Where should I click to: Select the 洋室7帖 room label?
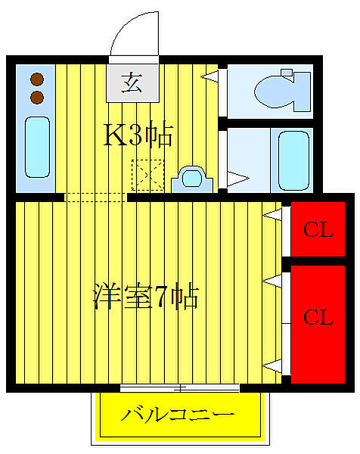tap(145, 296)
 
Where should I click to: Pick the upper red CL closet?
tap(318, 230)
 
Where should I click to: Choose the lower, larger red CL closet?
tap(318, 318)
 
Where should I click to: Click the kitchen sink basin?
tap(36, 145)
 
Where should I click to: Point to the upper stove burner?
tap(36, 78)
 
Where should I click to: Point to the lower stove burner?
tap(36, 96)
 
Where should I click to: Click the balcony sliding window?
tap(180, 388)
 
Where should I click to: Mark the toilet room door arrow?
tap(211, 76)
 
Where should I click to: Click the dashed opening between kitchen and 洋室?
tap(96, 197)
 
